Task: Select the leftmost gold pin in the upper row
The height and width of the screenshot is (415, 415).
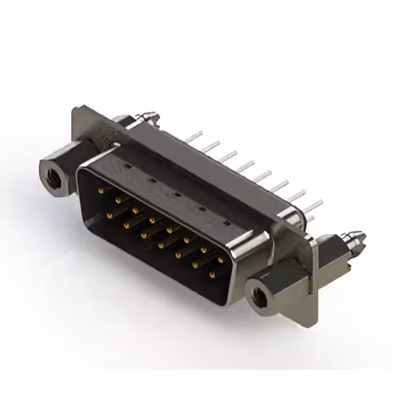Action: click(101, 191)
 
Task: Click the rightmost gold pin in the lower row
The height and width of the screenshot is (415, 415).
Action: click(212, 276)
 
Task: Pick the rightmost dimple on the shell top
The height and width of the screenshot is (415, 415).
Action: click(227, 222)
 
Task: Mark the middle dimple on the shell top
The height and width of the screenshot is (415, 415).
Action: click(176, 194)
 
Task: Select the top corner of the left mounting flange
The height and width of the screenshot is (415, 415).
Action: click(77, 108)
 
